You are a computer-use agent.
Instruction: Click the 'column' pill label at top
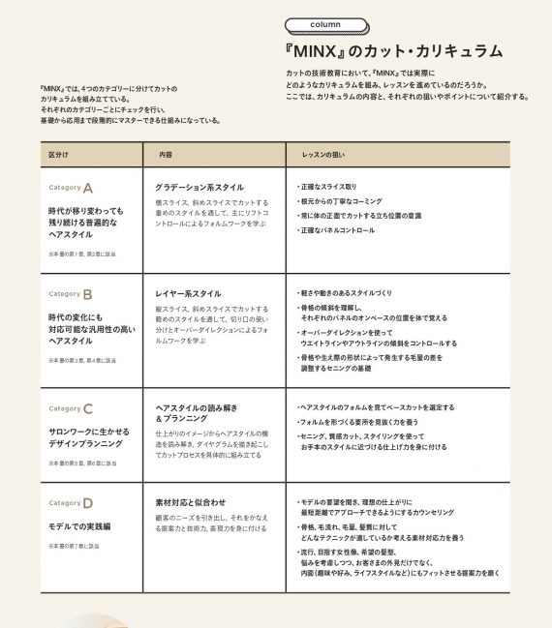pyautogui.click(x=325, y=24)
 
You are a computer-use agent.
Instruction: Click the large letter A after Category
pyautogui.click(x=88, y=188)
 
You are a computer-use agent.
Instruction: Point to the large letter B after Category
pyautogui.click(x=88, y=293)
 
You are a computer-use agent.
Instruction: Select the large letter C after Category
pyautogui.click(x=88, y=408)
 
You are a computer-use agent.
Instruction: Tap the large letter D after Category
pyautogui.click(x=88, y=503)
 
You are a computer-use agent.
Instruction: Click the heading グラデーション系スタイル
pyautogui.click(x=199, y=187)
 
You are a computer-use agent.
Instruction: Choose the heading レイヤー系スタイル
pyautogui.click(x=188, y=293)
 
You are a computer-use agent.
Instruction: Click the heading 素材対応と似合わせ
pyautogui.click(x=191, y=502)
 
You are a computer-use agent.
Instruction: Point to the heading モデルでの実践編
pyautogui.click(x=79, y=525)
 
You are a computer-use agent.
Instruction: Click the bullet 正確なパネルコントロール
pyautogui.click(x=337, y=230)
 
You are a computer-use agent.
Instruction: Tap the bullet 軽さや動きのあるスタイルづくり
pyautogui.click(x=346, y=292)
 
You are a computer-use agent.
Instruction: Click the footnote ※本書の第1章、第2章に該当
pyautogui.click(x=81, y=253)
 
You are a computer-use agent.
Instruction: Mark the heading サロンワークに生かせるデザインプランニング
pyautogui.click(x=85, y=436)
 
